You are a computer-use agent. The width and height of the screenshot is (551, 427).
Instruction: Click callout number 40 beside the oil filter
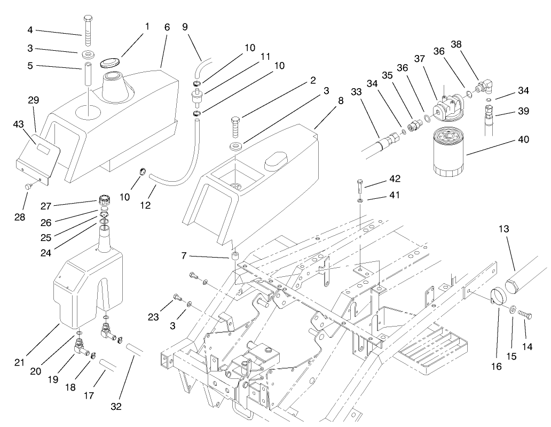(x=523, y=139)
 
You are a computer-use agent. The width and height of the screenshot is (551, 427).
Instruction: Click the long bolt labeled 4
(x=88, y=31)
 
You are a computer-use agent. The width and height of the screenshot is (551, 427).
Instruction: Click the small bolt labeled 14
(x=526, y=315)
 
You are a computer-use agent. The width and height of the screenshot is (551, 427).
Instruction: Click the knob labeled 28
(x=30, y=186)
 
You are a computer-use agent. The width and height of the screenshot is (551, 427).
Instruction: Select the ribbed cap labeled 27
(x=104, y=204)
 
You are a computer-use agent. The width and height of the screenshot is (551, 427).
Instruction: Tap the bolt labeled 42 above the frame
(x=359, y=187)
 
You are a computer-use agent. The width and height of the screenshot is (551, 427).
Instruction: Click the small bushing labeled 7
(x=234, y=257)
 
